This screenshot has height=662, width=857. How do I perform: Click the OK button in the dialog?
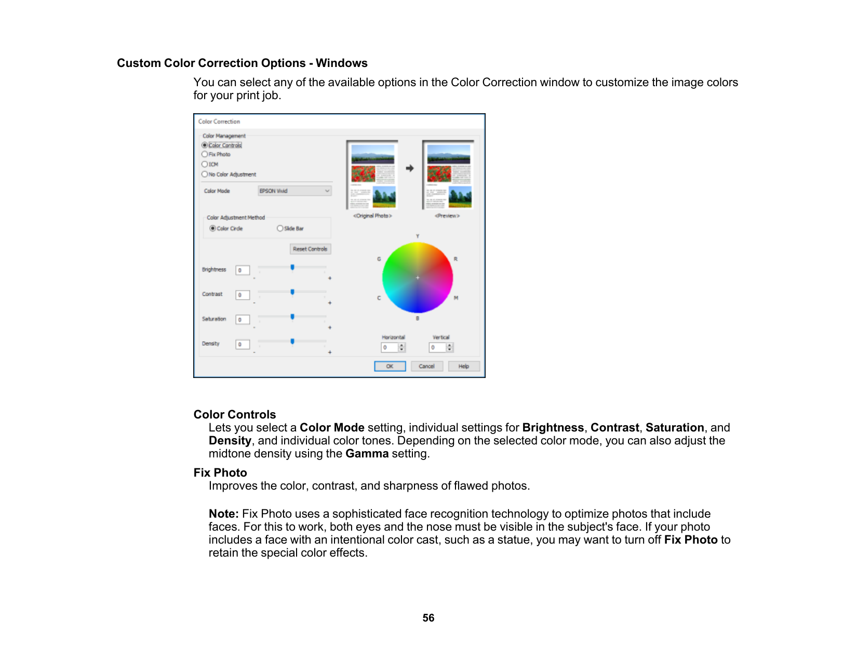pyautogui.click(x=390, y=366)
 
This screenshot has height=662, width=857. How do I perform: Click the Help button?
pyautogui.click(x=463, y=366)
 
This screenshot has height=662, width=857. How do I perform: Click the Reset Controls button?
pyautogui.click(x=310, y=249)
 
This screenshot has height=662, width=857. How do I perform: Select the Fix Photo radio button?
pyautogui.click(x=205, y=154)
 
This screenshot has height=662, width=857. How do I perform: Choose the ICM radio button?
pyautogui.click(x=205, y=164)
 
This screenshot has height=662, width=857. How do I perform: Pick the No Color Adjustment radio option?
pyautogui.click(x=205, y=174)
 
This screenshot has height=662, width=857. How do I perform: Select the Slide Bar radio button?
pyautogui.click(x=280, y=228)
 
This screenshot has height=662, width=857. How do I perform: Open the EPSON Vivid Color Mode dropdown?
pyautogui.click(x=294, y=191)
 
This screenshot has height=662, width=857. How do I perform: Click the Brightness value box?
pyautogui.click(x=243, y=270)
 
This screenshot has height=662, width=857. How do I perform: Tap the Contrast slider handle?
pyautogui.click(x=292, y=292)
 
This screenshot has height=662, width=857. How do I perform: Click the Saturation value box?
pyautogui.click(x=243, y=320)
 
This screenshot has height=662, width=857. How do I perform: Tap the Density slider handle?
pyautogui.click(x=292, y=342)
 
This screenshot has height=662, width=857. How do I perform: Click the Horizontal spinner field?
pyautogui.click(x=390, y=347)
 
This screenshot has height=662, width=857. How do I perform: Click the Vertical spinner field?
pyautogui.click(x=438, y=347)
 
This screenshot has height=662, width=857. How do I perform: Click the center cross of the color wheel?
pyautogui.click(x=418, y=278)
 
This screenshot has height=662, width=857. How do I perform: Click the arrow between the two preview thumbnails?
pyautogui.click(x=410, y=168)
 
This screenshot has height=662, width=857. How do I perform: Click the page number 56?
pyautogui.click(x=428, y=618)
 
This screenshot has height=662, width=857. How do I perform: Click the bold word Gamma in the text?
pyautogui.click(x=367, y=454)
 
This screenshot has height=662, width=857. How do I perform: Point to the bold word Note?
pyautogui.click(x=223, y=514)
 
